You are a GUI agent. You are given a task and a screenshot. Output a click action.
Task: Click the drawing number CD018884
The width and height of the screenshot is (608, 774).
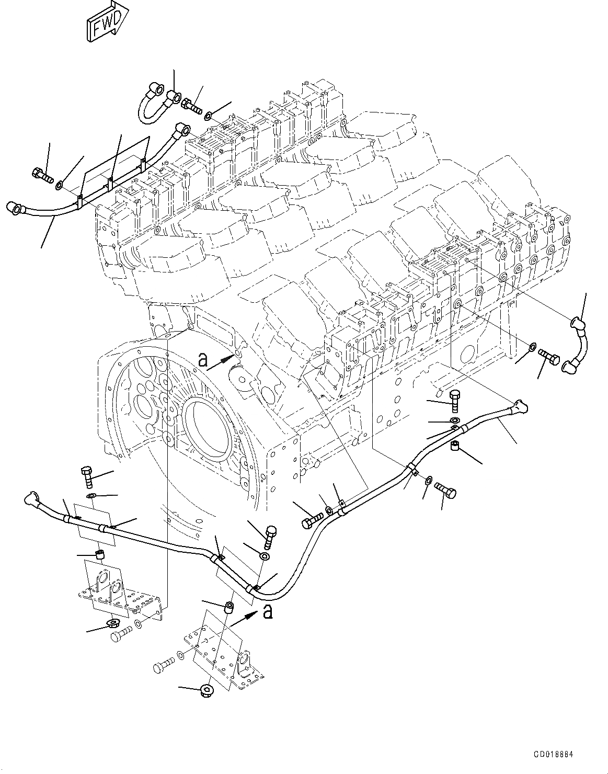point(554,755)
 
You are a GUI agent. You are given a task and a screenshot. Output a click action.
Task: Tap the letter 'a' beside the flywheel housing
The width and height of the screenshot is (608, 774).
point(203,359)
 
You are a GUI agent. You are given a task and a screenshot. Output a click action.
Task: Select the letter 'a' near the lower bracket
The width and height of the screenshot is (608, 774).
point(268,611)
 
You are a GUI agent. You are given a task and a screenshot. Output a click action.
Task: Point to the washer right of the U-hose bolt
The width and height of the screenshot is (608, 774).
point(209,115)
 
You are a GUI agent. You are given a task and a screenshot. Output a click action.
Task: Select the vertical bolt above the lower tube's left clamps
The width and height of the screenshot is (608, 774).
point(87,476)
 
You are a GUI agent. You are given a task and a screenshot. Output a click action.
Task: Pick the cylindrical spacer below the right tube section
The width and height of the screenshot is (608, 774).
point(455,446)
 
